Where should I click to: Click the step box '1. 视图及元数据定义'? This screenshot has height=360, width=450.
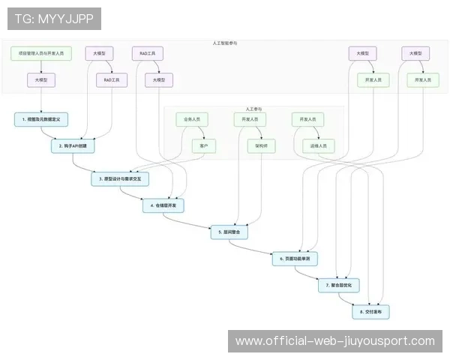coord(41,118)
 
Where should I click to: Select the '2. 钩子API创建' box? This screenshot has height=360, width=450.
coord(73,146)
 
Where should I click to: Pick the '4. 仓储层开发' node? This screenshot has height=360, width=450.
coord(164,205)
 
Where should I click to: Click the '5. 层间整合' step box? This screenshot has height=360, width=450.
coord(230,232)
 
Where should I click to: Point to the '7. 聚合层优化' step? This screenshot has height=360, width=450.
coord(340,286)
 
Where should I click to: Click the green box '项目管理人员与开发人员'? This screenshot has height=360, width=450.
coord(41,54)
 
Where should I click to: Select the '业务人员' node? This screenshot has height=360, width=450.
coord(191,119)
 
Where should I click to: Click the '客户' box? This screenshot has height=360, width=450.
coord(204,146)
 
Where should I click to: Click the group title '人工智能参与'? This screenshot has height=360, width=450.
coord(225,43)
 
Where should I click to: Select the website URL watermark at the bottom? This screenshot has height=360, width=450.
coord(335,341)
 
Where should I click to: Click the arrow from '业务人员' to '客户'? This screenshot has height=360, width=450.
coord(197,133)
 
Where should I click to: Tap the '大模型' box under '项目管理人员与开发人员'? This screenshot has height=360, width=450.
coord(41,79)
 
